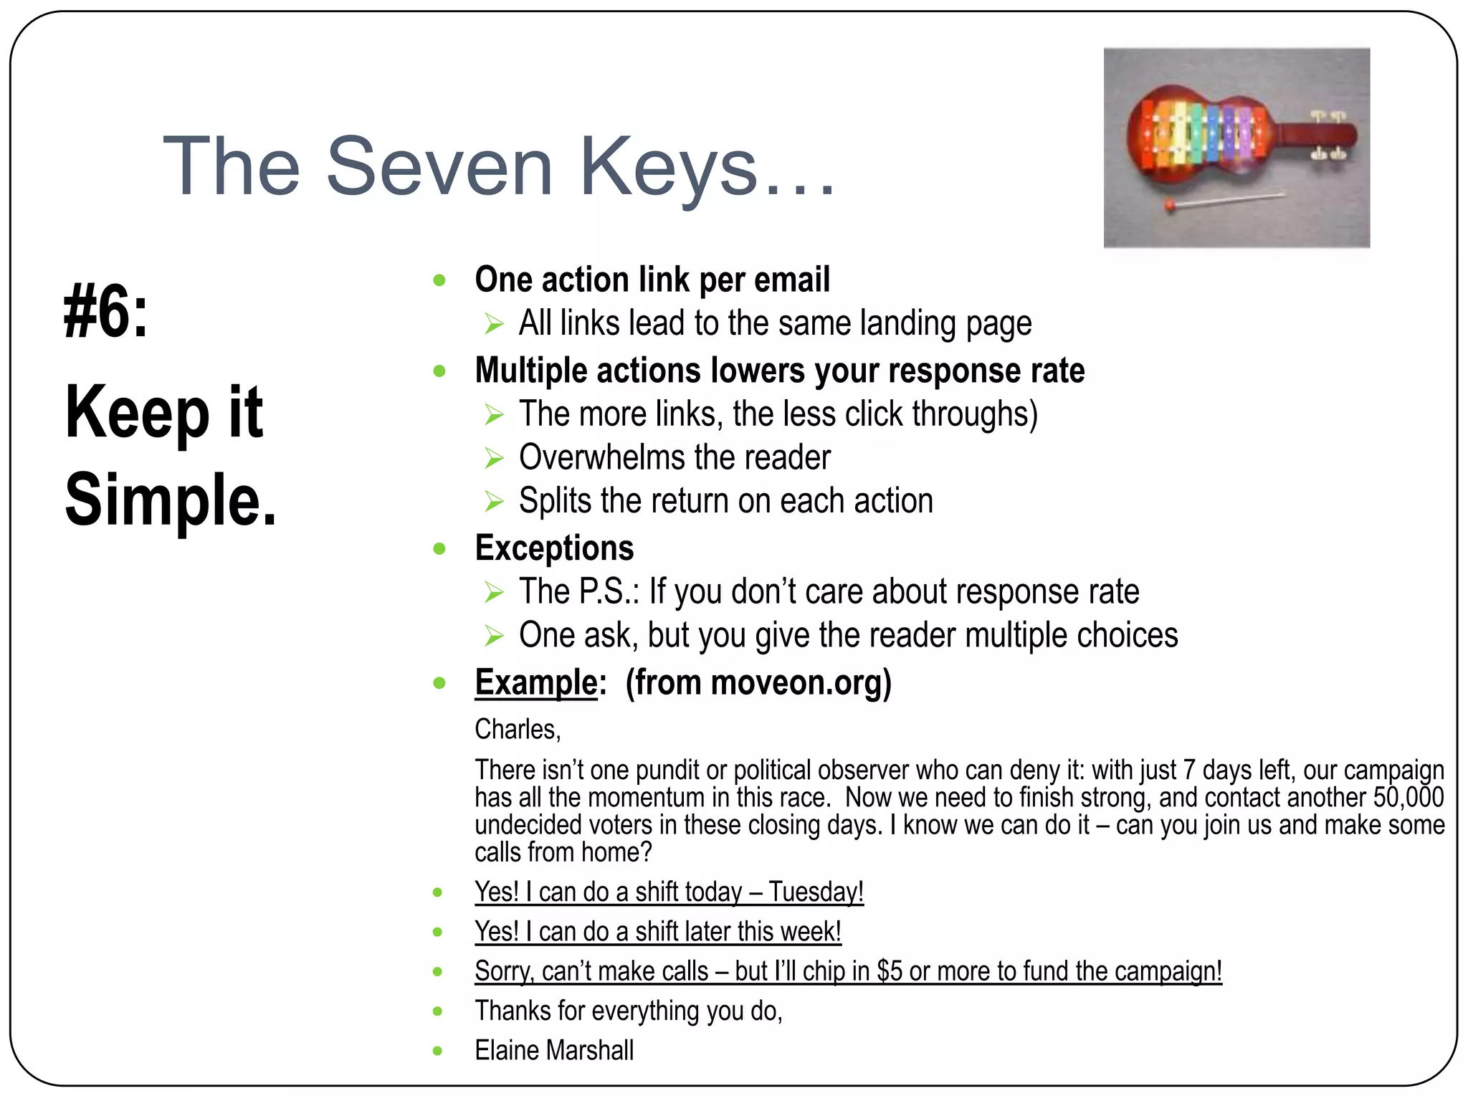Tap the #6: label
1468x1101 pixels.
coord(106,312)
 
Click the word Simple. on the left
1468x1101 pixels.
coord(171,500)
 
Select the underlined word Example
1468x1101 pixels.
coord(535,682)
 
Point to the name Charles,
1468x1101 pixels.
coord(518,730)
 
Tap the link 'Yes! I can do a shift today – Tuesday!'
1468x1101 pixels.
coord(669,892)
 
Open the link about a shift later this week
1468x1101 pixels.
coord(657,932)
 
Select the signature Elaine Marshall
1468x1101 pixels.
coord(554,1051)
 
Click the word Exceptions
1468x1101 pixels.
coord(554,548)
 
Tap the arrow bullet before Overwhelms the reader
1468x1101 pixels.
coord(494,458)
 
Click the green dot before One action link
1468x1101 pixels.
coord(439,280)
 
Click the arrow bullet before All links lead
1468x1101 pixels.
coord(494,324)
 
